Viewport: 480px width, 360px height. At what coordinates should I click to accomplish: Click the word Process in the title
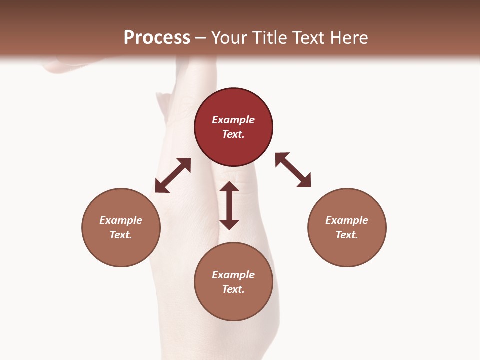pos(157,38)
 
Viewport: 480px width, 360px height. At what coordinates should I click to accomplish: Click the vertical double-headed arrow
pos(229,205)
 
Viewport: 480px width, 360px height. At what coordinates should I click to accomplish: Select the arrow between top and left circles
pos(173,175)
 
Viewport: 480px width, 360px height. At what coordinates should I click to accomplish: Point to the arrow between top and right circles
pos(293,170)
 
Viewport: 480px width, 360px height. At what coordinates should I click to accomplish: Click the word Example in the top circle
pos(233,120)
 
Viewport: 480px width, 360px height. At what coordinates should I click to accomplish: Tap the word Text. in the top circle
pos(233,134)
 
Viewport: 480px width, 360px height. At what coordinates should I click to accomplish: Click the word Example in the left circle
pos(121,220)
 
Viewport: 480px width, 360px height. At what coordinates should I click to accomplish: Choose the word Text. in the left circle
pos(121,235)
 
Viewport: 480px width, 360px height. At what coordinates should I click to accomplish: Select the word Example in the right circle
pos(347,220)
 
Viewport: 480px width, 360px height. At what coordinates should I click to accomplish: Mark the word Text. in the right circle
pos(347,235)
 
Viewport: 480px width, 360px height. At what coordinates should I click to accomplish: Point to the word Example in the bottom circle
pos(233,275)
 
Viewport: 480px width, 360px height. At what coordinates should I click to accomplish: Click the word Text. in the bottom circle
pos(233,289)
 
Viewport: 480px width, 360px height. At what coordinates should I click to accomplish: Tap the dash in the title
pos(201,38)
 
